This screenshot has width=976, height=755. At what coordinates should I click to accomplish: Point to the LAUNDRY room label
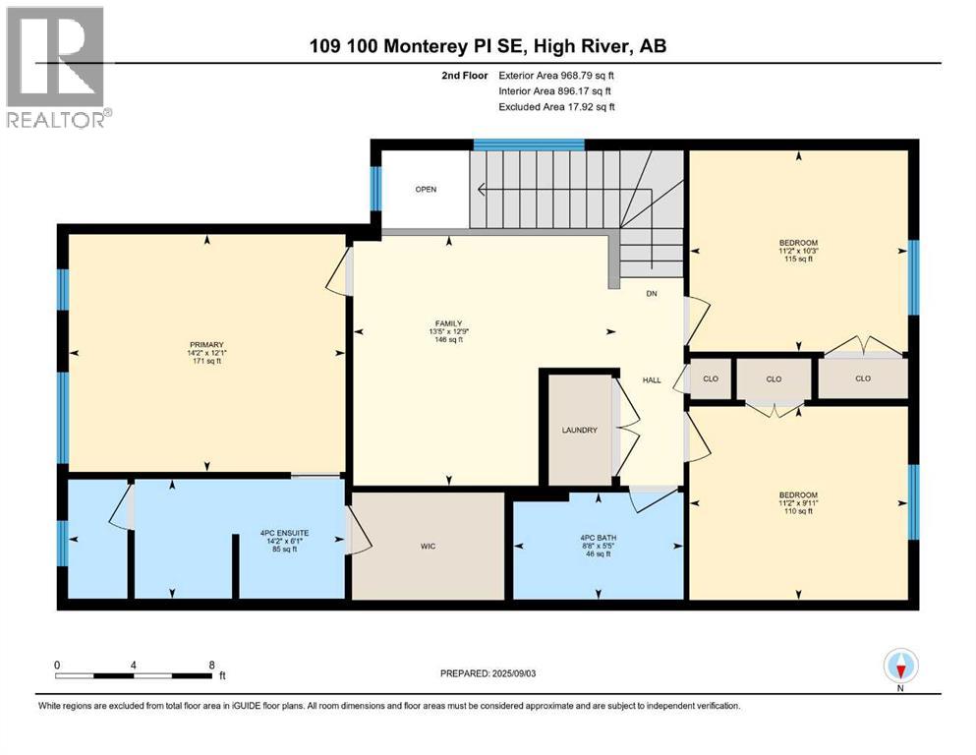tap(579, 430)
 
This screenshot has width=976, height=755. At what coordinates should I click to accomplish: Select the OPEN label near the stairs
tap(425, 190)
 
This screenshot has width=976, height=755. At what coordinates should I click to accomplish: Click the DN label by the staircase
tap(651, 294)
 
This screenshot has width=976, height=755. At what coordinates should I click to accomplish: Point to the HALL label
tap(652, 379)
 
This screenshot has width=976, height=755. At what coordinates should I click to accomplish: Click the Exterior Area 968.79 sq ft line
tap(560, 75)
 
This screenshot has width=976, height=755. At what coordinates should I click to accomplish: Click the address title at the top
tap(488, 46)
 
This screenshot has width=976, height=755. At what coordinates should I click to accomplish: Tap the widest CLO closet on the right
tap(862, 378)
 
